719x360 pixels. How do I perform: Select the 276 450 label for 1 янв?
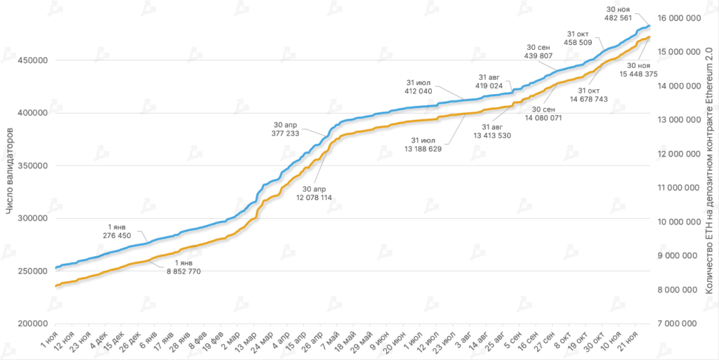(x=117, y=235)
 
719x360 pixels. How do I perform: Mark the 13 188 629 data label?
(x=421, y=148)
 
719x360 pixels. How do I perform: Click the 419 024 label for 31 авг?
(x=490, y=86)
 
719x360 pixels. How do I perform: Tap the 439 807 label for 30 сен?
(x=540, y=55)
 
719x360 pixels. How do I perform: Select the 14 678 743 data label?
(x=589, y=100)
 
